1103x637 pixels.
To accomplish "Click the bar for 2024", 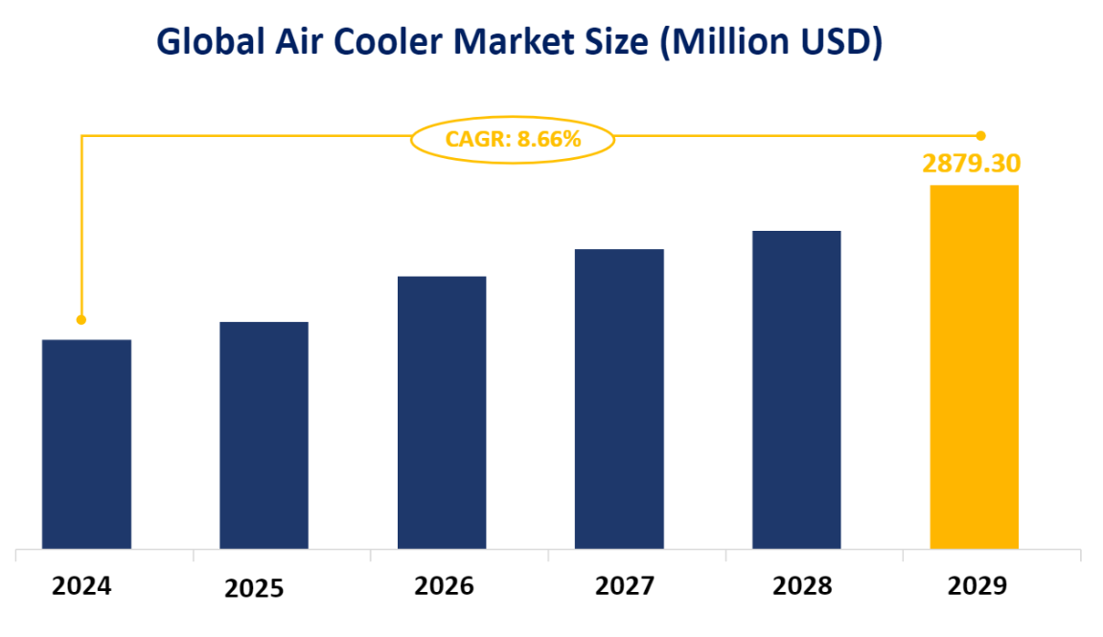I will [86, 444].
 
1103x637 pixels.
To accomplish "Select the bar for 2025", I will [264, 435].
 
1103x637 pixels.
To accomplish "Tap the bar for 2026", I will [442, 412].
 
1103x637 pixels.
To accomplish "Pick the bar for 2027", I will [619, 398].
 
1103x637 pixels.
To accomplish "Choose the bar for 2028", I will [796, 389].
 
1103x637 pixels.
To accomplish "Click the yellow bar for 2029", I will [974, 366].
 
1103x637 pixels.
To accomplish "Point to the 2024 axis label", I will [81, 585].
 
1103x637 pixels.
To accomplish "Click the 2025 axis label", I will [254, 588].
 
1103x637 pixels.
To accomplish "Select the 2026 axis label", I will [444, 585].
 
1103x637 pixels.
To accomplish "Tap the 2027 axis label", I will [625, 585].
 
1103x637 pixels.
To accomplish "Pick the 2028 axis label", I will [802, 585].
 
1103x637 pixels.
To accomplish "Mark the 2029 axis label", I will [977, 585].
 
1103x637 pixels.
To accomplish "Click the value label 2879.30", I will [971, 164].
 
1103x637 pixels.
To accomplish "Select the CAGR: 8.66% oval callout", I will [513, 140].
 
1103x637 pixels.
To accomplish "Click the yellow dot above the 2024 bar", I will [81, 320].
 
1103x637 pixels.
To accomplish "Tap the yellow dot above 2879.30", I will [980, 135].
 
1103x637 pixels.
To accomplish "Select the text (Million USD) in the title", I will [770, 42].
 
